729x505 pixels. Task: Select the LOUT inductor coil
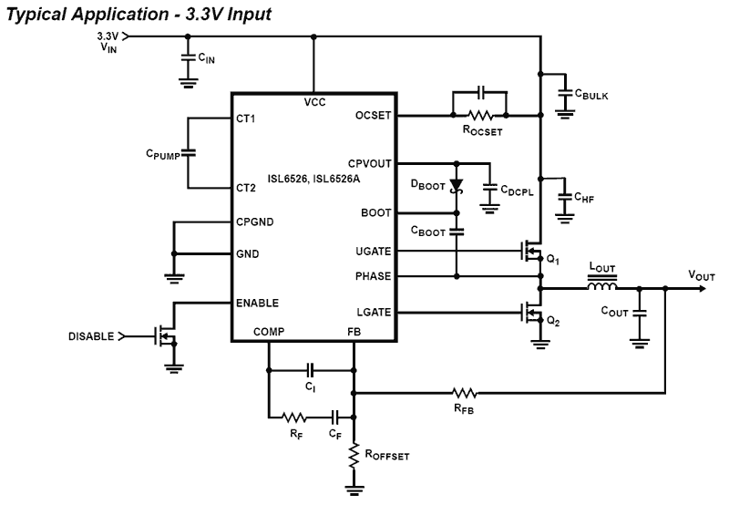click(x=601, y=290)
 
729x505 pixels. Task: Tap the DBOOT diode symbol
click(x=457, y=186)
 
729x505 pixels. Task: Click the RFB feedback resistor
click(x=465, y=393)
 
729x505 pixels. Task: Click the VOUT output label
click(x=703, y=274)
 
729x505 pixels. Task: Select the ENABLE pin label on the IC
click(x=257, y=303)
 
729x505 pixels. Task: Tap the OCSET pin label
click(x=374, y=116)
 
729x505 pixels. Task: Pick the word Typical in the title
click(x=34, y=13)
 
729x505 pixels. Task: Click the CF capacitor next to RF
click(x=335, y=417)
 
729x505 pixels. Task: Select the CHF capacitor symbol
click(x=565, y=196)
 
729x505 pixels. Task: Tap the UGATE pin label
click(x=375, y=251)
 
